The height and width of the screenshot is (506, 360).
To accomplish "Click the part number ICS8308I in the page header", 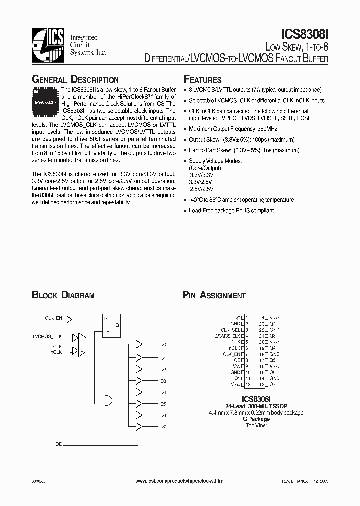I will tap(305, 34).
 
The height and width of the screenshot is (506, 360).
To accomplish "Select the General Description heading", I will tap(75, 80).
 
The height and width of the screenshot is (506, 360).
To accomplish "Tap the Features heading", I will tap(203, 80).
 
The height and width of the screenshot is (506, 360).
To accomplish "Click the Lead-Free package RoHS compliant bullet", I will tap(231, 210).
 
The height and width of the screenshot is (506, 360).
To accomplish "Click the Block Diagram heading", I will tap(63, 295).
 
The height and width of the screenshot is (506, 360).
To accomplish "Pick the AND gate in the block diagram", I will tap(107, 398).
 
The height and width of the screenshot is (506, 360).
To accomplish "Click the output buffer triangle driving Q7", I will tap(139, 426).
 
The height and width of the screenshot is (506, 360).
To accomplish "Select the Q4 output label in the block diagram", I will tap(163, 392).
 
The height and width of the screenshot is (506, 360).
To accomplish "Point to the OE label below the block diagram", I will tap(58, 443).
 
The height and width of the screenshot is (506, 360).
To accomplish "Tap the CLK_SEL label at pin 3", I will tap(230, 330).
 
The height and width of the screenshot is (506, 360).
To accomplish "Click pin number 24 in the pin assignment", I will tap(261, 317).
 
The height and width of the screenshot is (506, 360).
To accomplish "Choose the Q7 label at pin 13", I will tap(272, 384).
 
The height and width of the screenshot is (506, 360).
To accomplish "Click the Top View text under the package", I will tap(256, 425).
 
